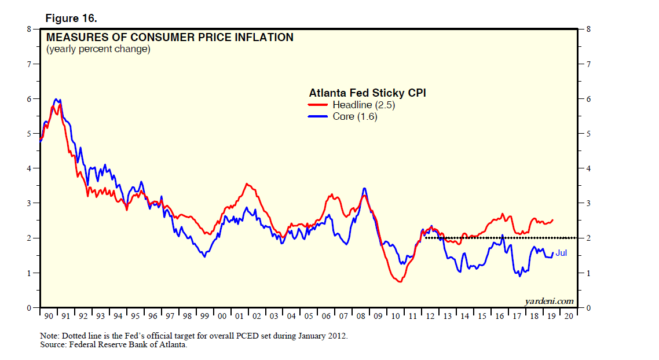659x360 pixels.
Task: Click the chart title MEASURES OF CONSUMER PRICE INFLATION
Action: coord(170,38)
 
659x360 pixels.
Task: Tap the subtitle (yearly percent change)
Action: coord(98,49)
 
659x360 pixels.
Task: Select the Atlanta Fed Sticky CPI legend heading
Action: coord(367,93)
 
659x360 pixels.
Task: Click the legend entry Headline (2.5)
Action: coord(364,105)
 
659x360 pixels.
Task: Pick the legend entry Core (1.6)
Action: coord(355,116)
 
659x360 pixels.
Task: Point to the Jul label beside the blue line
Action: coord(561,253)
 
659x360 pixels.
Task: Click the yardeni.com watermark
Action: coord(549,300)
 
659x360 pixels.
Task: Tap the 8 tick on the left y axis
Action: coord(28,29)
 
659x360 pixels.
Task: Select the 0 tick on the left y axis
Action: coord(28,308)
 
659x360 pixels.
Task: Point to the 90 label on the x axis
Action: coord(49,316)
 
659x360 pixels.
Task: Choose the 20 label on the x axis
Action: coord(569,316)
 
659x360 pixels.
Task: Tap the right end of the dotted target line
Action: coord(577,238)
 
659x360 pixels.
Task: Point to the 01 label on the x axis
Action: coord(240,316)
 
